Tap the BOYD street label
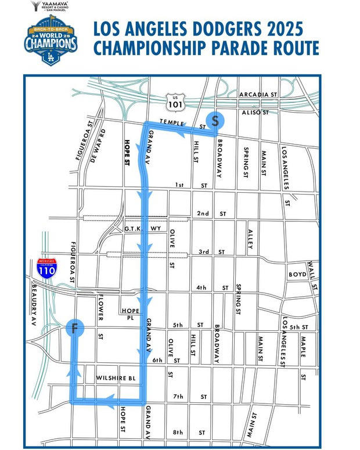(x=297, y=274)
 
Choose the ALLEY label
(x=250, y=236)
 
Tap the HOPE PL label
(x=129, y=314)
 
